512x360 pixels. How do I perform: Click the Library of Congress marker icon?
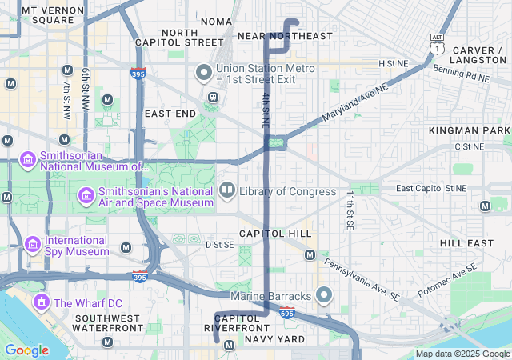tap(227, 191)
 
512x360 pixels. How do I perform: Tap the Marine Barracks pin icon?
tap(324, 296)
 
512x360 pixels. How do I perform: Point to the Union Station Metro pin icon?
tap(204, 74)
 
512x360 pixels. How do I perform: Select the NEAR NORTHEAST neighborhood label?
tap(285, 36)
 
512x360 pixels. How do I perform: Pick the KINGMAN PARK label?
tap(469, 130)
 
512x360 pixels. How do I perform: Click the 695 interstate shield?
tap(287, 313)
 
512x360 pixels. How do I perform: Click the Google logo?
tap(26, 350)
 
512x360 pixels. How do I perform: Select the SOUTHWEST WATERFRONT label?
tap(109, 323)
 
